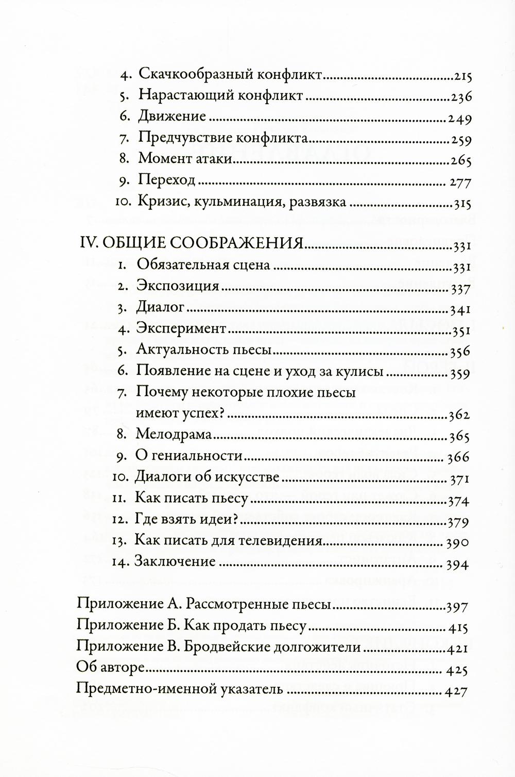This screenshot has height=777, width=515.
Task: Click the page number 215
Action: (463, 76)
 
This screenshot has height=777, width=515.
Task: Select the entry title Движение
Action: (172, 117)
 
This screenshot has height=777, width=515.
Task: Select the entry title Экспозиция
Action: (178, 286)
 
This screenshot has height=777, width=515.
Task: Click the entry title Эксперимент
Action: (181, 328)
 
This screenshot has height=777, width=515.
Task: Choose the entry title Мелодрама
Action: (174, 434)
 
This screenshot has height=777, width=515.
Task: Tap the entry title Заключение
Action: (175, 561)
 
